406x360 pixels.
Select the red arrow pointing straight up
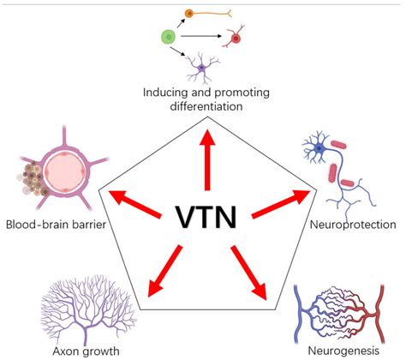(206, 159)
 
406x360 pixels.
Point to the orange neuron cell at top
(214, 15)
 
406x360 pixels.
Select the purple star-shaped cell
(204, 66)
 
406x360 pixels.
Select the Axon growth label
(74, 350)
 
